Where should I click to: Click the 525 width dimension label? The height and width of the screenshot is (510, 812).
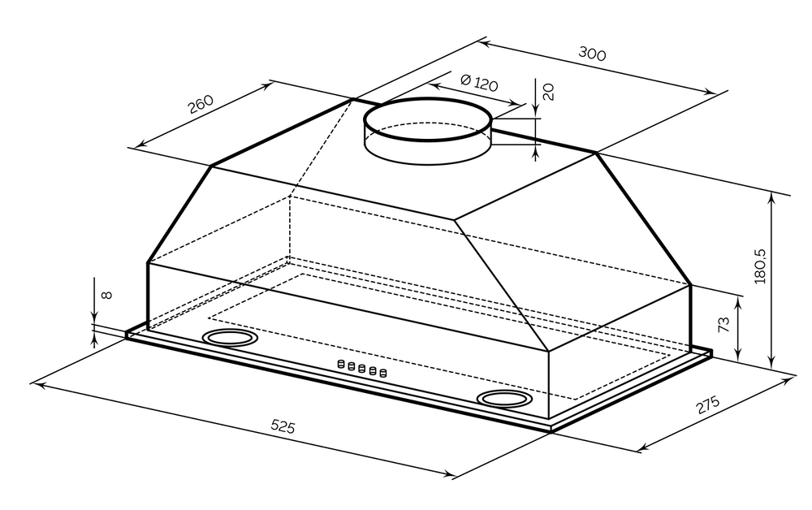pos(283,426)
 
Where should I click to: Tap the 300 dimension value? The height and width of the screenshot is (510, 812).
pos(592,54)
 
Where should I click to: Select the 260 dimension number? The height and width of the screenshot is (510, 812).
pos(201,104)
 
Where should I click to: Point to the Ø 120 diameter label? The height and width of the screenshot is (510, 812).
pos(479,83)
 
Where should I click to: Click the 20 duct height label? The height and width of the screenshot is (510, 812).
pos(548,92)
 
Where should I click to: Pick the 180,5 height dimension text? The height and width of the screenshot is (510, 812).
pos(760,266)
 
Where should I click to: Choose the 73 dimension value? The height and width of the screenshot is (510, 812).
pos(723,324)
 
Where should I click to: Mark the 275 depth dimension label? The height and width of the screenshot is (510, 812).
pos(707,404)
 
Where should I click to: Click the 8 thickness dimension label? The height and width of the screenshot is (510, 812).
pos(106,295)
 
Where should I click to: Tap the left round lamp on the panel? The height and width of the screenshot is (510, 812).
pos(230,338)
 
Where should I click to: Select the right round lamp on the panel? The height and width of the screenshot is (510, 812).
pos(504,398)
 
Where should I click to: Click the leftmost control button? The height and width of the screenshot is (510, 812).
pos(341,364)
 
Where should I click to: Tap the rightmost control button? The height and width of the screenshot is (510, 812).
pos(383,372)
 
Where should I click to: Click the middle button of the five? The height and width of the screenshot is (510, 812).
pos(362,368)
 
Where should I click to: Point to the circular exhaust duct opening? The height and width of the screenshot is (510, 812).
pos(428,119)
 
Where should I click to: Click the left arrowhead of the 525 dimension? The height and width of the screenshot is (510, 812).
pos(37,384)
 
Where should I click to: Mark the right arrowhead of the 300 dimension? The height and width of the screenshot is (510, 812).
pos(710,92)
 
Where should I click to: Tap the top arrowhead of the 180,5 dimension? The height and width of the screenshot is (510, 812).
pos(772,199)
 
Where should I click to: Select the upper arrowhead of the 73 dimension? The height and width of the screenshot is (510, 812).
pos(738,300)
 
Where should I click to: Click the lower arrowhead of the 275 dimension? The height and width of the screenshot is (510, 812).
pos(644,446)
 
